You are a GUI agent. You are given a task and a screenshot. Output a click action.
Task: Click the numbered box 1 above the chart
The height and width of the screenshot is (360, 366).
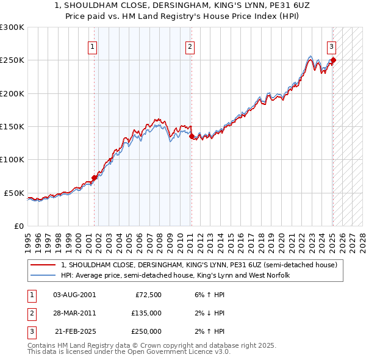point(92,46)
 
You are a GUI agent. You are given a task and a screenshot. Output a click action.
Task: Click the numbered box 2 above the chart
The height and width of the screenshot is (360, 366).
point(190,46)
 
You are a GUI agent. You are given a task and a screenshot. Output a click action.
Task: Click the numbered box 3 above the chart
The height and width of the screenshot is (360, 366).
point(331,46)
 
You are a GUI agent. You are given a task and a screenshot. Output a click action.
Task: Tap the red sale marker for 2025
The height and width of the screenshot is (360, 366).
point(333,60)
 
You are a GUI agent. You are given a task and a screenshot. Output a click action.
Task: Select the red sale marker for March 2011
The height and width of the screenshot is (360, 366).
point(192,136)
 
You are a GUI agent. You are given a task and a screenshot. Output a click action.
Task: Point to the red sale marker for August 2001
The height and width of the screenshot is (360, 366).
point(94,178)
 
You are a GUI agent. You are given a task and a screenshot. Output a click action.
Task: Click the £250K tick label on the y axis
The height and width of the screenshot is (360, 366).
point(12,60)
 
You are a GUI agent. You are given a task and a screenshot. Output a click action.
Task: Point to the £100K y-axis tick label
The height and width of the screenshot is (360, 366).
point(12,159)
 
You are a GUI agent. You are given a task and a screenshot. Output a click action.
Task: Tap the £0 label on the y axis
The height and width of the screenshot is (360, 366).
point(18,226)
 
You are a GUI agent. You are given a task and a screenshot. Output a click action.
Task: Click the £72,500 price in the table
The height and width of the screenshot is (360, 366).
point(147,295)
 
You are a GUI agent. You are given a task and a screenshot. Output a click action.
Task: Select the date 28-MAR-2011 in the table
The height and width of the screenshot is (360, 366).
point(74,313)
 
